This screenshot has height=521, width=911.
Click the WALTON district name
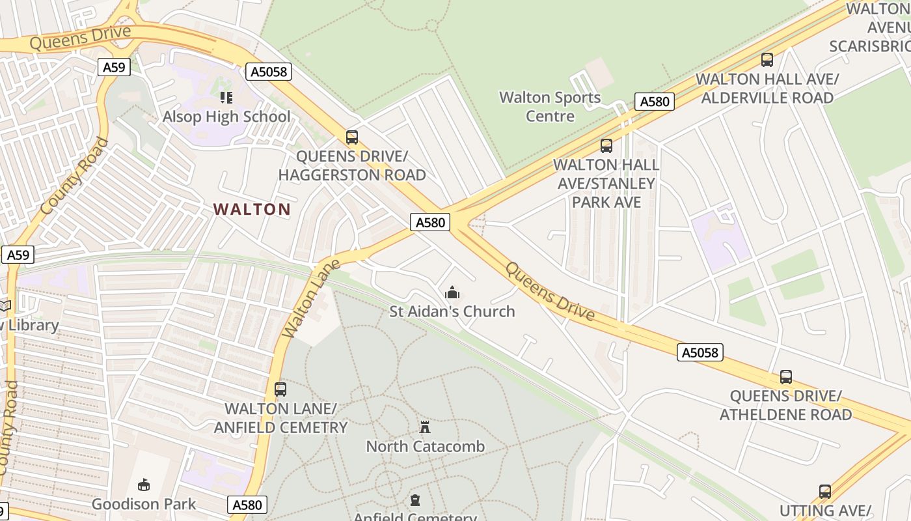click(252, 209)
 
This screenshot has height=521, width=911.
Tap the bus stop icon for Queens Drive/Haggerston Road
click(352, 137)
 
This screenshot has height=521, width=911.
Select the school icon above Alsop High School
click(226, 98)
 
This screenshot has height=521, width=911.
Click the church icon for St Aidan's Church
click(452, 292)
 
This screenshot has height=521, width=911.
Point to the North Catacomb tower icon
click(425, 427)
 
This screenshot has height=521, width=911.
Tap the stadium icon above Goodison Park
click(144, 485)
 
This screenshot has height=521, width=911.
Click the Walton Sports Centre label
click(550, 107)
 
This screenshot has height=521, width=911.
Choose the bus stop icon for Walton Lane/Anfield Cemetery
click(280, 389)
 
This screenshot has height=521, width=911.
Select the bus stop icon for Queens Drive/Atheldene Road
click(786, 377)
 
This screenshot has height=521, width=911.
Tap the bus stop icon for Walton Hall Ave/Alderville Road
click(767, 60)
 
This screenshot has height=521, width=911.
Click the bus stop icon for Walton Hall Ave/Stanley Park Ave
click(606, 146)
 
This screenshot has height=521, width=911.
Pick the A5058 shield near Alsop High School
click(269, 72)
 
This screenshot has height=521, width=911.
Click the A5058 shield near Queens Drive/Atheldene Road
click(700, 352)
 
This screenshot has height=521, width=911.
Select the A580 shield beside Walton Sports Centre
click(654, 102)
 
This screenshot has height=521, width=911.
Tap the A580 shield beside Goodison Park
click(247, 505)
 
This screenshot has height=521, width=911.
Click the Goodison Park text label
click(143, 504)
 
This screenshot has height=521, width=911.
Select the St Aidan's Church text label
click(452, 311)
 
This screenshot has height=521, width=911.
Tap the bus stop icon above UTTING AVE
click(825, 492)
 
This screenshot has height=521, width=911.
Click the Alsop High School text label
click(226, 117)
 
